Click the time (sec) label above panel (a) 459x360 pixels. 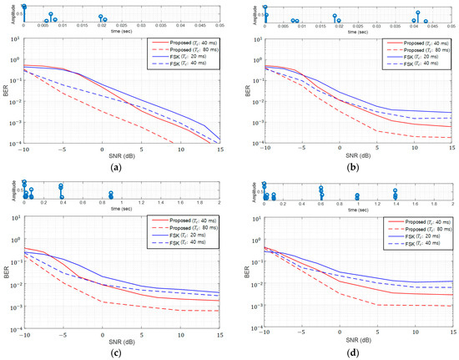(121, 33)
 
